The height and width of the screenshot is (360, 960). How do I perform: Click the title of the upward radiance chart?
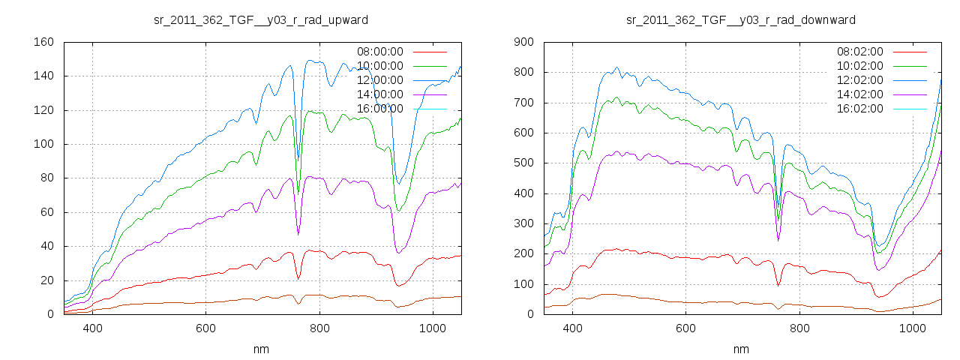pyautogui.click(x=261, y=19)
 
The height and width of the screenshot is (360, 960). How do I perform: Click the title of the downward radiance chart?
pyautogui.click(x=741, y=19)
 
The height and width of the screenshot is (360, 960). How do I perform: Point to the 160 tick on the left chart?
pyautogui.click(x=43, y=42)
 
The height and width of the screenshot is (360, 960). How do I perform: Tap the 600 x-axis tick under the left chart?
pyautogui.click(x=206, y=328)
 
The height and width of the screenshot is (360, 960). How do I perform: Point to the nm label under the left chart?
pyautogui.click(x=261, y=349)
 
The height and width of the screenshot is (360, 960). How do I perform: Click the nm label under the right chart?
pyautogui.click(x=741, y=349)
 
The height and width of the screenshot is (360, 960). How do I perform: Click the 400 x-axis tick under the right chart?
pyautogui.click(x=573, y=328)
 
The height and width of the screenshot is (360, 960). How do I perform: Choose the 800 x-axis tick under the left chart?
pyautogui.click(x=319, y=328)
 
